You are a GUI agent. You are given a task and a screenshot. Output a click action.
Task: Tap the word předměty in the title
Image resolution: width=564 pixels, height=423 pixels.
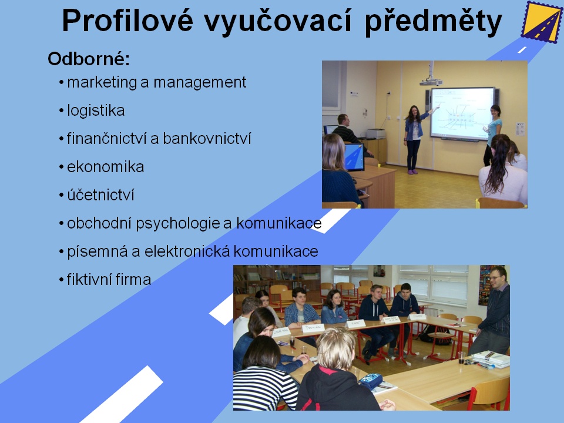(x=433, y=22)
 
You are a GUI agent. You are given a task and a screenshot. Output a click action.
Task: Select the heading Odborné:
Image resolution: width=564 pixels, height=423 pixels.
(x=89, y=59)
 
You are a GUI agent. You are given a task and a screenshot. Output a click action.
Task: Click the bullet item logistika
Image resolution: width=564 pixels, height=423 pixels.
(x=96, y=110)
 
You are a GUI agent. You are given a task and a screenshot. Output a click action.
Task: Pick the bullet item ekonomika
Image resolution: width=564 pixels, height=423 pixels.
(x=105, y=166)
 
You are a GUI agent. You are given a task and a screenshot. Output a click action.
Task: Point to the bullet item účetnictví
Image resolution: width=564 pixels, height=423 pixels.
(x=100, y=194)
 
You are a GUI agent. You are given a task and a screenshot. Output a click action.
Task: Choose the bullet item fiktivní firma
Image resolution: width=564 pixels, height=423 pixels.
(x=109, y=280)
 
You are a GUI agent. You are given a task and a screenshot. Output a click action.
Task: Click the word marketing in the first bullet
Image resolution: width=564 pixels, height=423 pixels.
(x=102, y=83)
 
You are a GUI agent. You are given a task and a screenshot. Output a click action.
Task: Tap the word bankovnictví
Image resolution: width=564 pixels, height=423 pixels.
(x=207, y=139)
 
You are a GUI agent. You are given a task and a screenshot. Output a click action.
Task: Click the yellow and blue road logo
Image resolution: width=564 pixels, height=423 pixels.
(x=541, y=22)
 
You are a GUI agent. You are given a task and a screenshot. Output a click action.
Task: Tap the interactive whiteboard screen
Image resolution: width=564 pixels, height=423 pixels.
(x=462, y=113)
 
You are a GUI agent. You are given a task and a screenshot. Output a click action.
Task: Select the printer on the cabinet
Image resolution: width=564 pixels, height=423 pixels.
(x=375, y=134)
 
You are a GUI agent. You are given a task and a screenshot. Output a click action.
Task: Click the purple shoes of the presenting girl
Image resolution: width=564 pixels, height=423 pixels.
(x=412, y=172)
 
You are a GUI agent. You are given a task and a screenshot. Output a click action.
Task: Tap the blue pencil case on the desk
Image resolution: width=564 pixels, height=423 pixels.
(x=371, y=381)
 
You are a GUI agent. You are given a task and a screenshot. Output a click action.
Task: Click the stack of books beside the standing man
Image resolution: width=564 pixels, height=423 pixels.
(x=490, y=360)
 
